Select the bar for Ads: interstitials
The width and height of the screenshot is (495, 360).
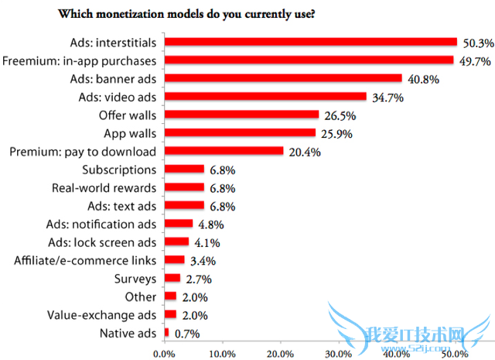(310, 42)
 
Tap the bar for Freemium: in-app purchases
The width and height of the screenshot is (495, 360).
(309, 60)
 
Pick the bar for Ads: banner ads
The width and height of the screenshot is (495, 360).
(282, 78)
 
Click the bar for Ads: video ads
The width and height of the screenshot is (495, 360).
(265, 97)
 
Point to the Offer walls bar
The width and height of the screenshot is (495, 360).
(241, 115)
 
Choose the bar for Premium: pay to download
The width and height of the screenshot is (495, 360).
(224, 152)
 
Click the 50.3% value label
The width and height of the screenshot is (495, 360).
(476, 42)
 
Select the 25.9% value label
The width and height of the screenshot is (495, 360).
(335, 133)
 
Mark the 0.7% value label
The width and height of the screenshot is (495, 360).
(185, 334)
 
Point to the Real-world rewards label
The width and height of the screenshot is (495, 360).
(104, 187)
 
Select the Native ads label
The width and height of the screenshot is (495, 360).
(128, 334)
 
